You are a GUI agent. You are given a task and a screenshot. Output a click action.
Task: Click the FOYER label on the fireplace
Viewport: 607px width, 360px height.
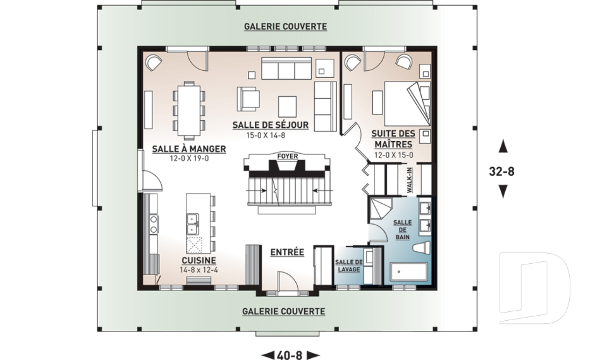(288, 156)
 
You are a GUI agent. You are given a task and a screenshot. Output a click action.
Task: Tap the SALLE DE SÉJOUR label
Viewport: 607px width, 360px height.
(271, 125)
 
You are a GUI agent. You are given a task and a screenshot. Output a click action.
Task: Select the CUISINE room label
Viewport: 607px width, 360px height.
(199, 261)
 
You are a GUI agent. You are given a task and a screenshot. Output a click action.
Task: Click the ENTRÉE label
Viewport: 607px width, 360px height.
(287, 252)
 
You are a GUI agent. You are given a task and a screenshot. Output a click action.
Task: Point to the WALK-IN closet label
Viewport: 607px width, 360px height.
(410, 180)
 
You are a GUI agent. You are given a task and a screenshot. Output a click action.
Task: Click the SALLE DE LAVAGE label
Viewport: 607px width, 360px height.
(349, 266)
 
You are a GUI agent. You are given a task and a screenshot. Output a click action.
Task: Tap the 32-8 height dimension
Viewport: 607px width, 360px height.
(501, 171)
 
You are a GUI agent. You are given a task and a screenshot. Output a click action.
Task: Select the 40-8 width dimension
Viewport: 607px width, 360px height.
(290, 355)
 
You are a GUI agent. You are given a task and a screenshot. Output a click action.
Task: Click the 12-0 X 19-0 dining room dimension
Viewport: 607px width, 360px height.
(189, 158)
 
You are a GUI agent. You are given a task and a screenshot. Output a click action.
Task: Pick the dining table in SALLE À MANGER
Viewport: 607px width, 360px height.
(189, 110)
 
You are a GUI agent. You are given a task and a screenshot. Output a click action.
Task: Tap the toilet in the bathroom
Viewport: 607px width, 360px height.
(422, 248)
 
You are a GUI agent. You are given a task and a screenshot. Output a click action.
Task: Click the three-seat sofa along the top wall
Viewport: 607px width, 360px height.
(286, 68)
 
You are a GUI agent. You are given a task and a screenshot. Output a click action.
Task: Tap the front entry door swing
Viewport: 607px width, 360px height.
(288, 280)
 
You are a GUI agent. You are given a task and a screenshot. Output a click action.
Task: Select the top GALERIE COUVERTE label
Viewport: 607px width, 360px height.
(285, 27)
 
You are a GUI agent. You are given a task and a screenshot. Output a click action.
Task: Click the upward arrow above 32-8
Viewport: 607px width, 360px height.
(503, 146)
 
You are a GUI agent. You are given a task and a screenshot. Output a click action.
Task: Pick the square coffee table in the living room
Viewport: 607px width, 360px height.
(287, 106)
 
